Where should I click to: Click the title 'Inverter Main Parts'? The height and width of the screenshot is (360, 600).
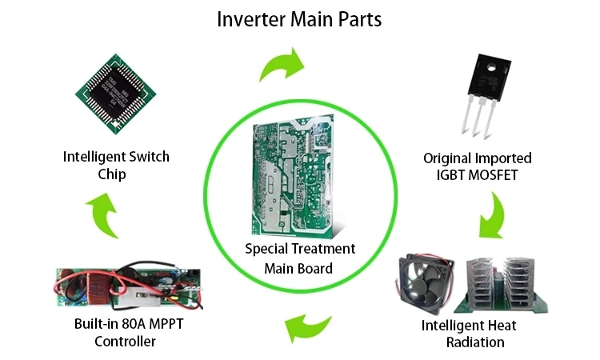[x=299, y=18]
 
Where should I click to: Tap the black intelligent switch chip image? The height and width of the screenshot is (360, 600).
[x=115, y=98]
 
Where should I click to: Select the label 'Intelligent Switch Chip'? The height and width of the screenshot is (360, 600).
[x=116, y=166]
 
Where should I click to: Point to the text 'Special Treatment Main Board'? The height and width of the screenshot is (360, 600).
[x=299, y=257]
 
